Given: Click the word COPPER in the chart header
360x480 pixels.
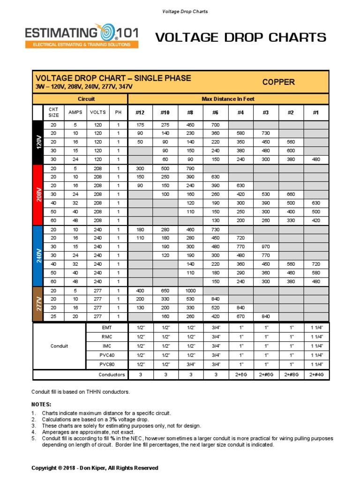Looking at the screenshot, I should (278, 82).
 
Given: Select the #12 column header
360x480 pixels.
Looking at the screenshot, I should (140, 112).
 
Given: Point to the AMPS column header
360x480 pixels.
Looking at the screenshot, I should (75, 112).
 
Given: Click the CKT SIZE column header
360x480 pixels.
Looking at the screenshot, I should (54, 112).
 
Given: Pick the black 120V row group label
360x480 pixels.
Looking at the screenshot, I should (38, 142).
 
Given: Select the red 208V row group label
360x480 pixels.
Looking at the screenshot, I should (38, 195).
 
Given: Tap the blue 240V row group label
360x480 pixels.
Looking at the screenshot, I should (38, 256).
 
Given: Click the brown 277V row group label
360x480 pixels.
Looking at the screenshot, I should (38, 304).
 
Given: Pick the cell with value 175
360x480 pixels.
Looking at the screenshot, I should (140, 125).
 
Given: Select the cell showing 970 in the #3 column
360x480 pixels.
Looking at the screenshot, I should (266, 246).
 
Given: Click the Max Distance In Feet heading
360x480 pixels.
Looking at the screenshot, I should (228, 99).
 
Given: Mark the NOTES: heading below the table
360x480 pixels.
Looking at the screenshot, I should (41, 404).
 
